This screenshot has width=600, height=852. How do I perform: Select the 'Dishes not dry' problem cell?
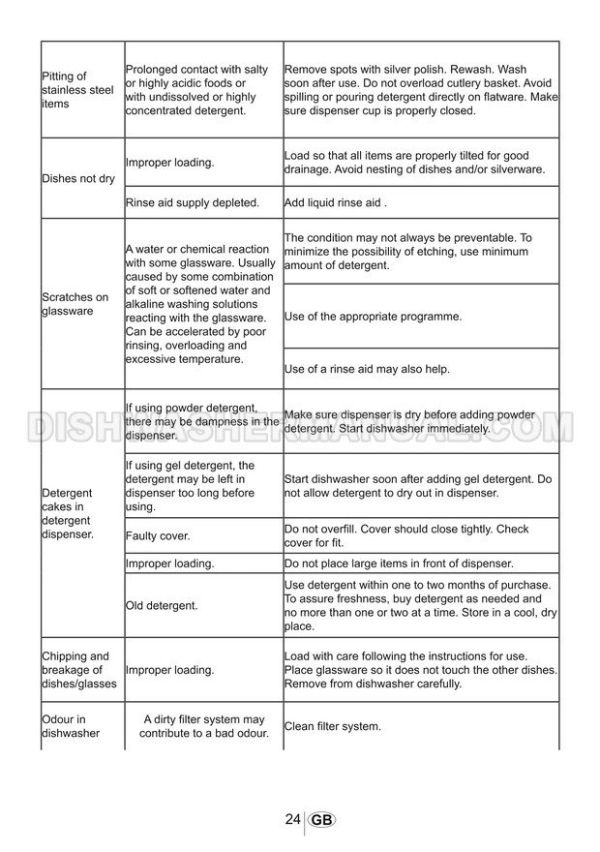(79, 179)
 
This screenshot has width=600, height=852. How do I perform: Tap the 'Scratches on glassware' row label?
(75, 304)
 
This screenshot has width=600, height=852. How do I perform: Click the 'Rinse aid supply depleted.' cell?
(193, 202)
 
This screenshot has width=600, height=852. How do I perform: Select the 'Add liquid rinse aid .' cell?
(336, 202)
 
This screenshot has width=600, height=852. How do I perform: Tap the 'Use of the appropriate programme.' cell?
(373, 317)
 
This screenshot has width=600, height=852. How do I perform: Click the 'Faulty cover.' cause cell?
(158, 535)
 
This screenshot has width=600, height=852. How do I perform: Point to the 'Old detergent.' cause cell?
(162, 606)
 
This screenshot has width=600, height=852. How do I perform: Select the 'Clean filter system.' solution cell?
(333, 726)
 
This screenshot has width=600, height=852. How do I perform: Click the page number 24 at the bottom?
(292, 819)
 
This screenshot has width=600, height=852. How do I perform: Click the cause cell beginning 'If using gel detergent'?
(191, 486)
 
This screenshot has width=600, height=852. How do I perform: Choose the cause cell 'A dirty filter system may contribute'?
(202, 726)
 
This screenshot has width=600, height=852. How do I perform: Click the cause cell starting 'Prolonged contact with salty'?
(197, 90)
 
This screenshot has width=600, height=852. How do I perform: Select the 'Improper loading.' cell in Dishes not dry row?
(169, 163)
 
